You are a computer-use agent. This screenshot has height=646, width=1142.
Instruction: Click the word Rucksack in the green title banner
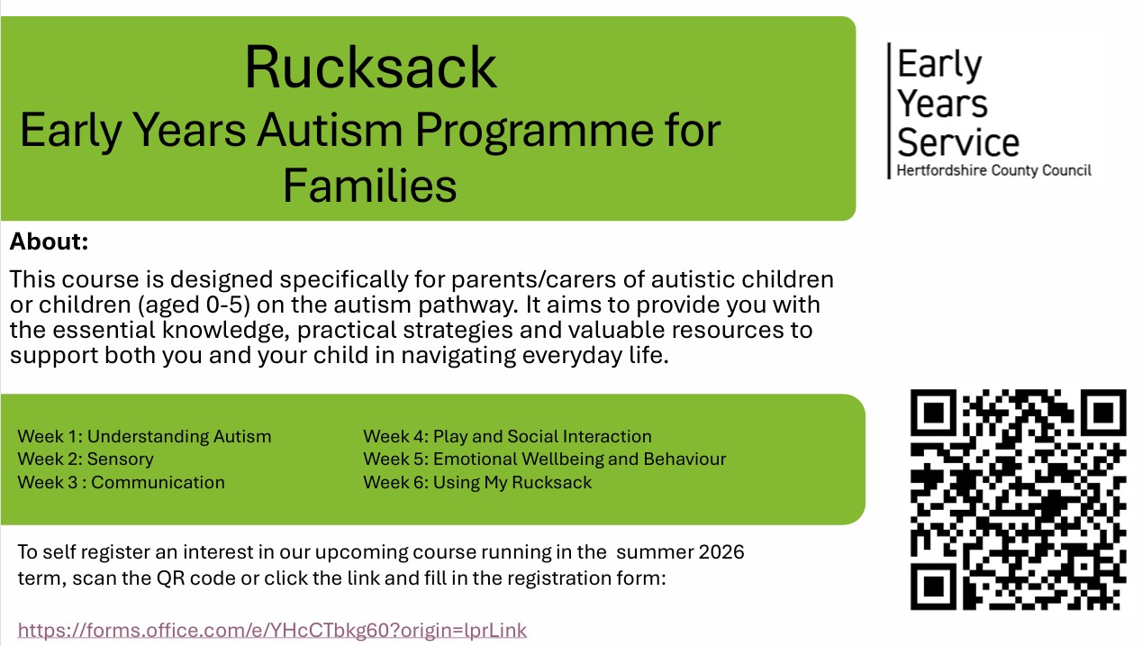pos(370,68)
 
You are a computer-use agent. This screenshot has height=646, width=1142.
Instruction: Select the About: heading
pos(49,241)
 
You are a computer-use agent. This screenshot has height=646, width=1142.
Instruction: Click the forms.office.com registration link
pos(272,630)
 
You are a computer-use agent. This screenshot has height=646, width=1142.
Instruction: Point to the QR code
pos(1018,500)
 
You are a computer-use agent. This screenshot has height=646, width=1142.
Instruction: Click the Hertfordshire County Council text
pos(993,170)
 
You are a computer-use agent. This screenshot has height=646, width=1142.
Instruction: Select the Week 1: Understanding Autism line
pos(144,436)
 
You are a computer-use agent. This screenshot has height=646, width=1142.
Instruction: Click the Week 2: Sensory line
pos(86,459)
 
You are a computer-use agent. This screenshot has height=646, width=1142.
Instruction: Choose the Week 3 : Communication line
pos(122,482)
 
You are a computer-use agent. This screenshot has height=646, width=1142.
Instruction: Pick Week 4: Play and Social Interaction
pos(507,436)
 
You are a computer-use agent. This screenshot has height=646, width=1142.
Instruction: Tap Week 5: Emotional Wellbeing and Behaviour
pos(545,459)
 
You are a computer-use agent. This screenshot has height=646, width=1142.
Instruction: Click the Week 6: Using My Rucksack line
pos(477,482)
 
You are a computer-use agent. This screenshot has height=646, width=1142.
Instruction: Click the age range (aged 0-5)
pos(194,305)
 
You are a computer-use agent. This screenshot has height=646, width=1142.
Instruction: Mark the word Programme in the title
pos(534,132)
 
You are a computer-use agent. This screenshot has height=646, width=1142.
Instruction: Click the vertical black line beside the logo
pos(889,111)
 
